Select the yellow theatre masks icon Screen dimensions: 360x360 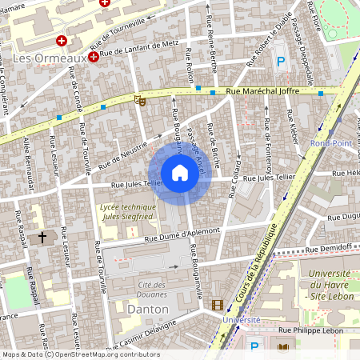coord(140,100)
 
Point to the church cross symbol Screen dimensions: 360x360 coord(42,237)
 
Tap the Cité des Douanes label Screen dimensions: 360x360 coord(150,289)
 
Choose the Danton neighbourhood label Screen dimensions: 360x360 coord(148,308)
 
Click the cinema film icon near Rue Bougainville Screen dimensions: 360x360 coord(218,305)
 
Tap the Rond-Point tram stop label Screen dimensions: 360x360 coord(327,144)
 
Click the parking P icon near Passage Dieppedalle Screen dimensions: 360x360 coord(280,61)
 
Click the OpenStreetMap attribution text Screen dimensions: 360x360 coord(80,354)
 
